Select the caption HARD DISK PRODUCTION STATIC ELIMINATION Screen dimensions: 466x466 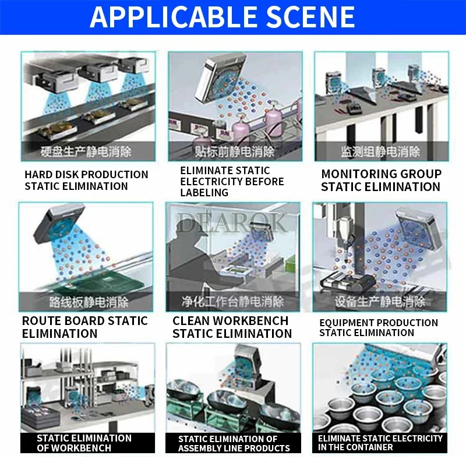86,181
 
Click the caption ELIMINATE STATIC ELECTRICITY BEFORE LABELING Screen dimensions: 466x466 232,181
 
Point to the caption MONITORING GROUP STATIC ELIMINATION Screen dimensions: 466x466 381,181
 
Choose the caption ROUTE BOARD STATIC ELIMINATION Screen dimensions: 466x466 84,327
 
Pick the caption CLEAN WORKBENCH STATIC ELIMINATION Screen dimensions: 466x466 232,327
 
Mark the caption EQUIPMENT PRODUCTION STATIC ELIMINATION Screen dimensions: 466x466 379,327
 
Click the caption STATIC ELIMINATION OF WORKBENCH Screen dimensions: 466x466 84,443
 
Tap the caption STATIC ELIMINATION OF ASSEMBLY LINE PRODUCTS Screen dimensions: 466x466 234,443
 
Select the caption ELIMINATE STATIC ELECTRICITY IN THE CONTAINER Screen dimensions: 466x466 380,443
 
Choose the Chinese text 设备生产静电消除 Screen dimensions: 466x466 380,302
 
